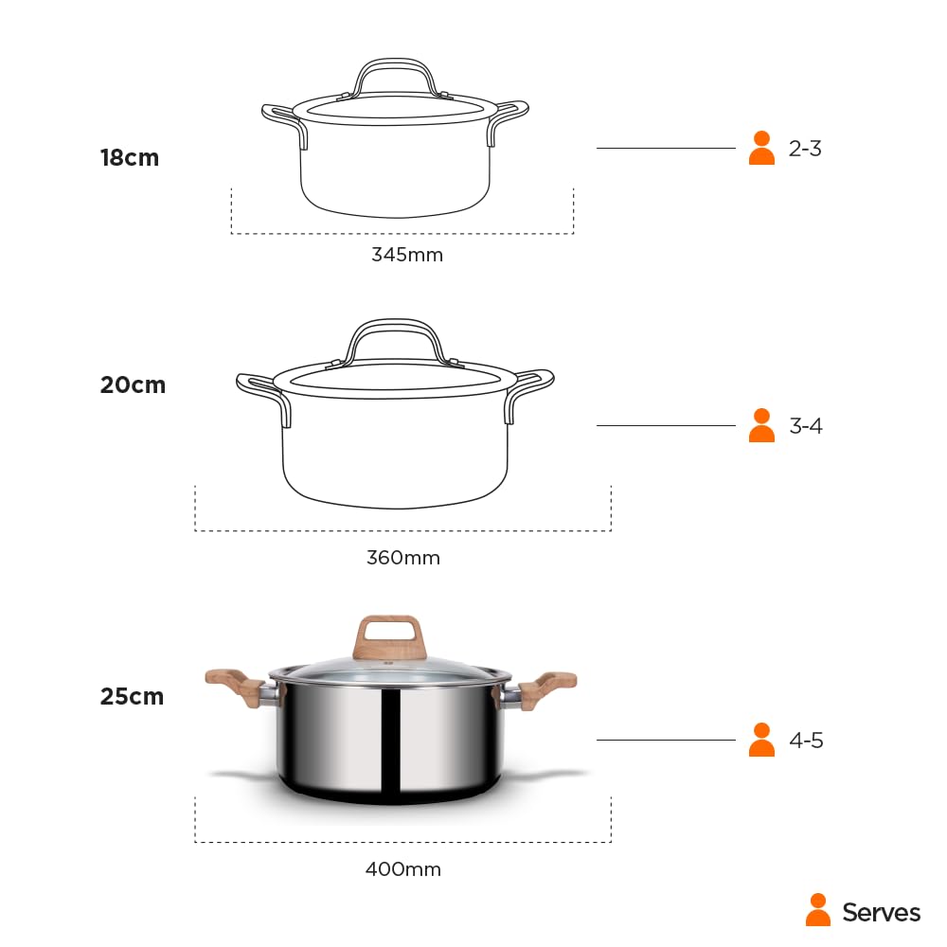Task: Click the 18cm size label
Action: [130, 157]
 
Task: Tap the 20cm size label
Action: [133, 385]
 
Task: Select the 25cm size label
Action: [133, 696]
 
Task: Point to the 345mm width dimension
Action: [407, 255]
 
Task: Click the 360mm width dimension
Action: [403, 558]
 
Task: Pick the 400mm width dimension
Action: [403, 869]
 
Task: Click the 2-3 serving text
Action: [805, 149]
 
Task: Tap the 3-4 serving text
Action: [806, 426]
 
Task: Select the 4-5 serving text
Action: [806, 741]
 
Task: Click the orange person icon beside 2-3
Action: [761, 148]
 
